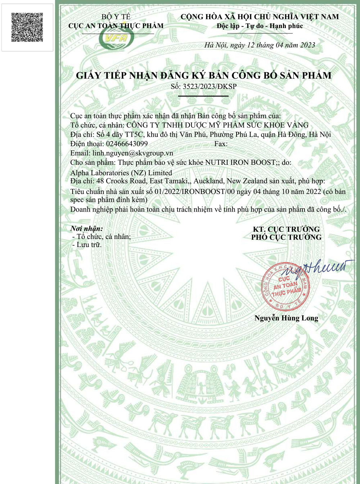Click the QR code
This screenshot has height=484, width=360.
pyautogui.click(x=27, y=27)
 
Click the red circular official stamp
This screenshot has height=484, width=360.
pyautogui.click(x=285, y=287)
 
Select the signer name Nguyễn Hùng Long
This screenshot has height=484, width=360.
pyautogui.click(x=286, y=318)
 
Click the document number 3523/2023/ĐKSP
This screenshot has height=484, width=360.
pyautogui.click(x=210, y=86)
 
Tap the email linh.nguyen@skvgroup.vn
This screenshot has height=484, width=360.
pyautogui.click(x=132, y=153)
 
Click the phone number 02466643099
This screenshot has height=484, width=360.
pyautogui.click(x=127, y=144)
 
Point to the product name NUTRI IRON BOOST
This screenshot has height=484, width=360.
pyautogui.click(x=240, y=162)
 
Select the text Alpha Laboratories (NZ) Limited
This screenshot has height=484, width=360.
pyautogui.click(x=121, y=173)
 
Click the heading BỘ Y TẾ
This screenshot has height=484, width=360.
pyautogui.click(x=116, y=17)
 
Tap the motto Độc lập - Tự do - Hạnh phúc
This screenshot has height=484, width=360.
pyautogui.click(x=260, y=26)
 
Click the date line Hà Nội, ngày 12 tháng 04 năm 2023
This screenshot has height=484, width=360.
pyautogui.click(x=260, y=45)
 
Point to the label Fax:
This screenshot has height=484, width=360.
pyautogui.click(x=221, y=144)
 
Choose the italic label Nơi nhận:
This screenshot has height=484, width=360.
pyautogui.click(x=86, y=229)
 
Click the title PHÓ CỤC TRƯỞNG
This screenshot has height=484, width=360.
pyautogui.click(x=286, y=237)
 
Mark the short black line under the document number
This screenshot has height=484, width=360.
pyautogui.click(x=203, y=96)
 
